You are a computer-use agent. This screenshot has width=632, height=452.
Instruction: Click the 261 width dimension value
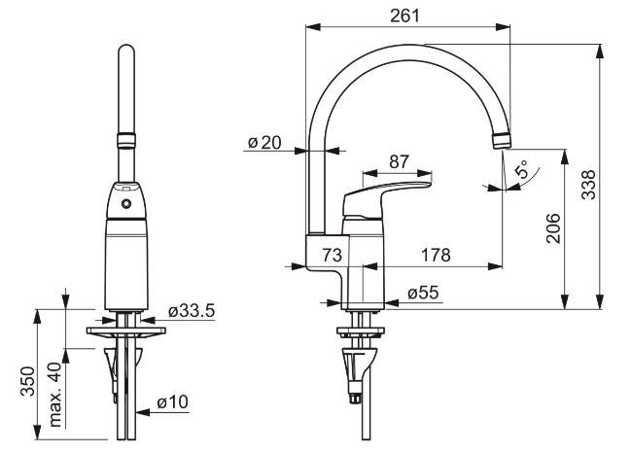405,16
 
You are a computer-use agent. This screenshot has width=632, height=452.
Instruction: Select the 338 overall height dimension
588,185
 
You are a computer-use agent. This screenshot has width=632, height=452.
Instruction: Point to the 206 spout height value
553,228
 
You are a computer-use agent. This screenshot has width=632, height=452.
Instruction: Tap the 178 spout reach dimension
436,255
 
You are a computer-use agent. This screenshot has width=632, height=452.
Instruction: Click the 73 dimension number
333,255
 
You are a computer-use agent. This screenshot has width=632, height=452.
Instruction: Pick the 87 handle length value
399,162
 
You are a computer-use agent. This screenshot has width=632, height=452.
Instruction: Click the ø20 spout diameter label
264,142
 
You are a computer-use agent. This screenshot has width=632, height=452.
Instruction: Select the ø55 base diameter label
423,293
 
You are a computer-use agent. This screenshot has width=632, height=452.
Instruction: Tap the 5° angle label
522,169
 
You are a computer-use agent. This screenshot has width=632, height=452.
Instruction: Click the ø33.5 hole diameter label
192,311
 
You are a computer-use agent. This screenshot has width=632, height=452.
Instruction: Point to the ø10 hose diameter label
172,401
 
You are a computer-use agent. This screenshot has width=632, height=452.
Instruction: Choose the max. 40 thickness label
55,395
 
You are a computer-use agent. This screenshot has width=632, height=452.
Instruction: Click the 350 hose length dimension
28,381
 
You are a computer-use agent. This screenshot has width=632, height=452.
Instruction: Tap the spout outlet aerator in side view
502,140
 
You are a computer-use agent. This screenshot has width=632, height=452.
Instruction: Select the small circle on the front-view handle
126,204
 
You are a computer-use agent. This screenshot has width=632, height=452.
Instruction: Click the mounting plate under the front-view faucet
126,330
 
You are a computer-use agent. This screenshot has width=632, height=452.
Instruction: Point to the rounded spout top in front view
126,51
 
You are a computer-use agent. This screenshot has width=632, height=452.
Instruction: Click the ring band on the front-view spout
126,140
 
